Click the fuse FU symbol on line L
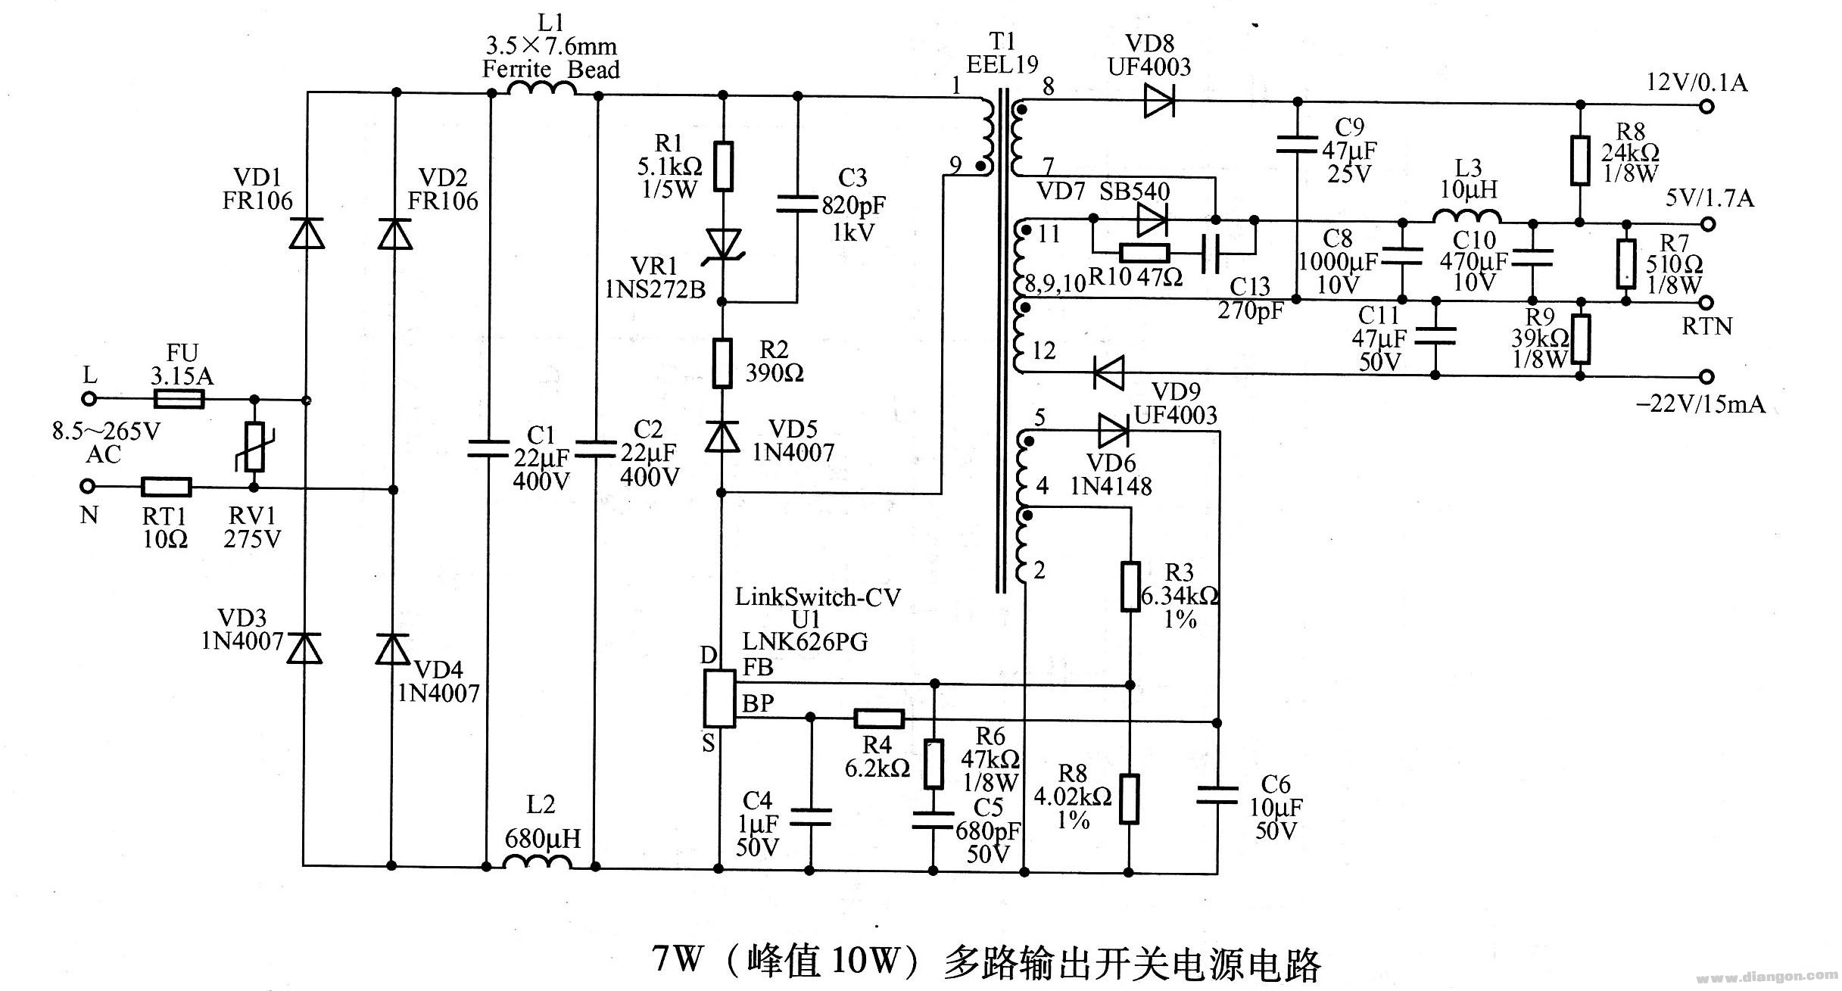pyautogui.click(x=179, y=399)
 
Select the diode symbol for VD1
pyautogui.click(x=307, y=232)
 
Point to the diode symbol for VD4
pyautogui.click(x=393, y=649)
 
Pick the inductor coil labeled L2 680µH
pyautogui.click(x=537, y=862)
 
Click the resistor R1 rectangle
pyautogui.click(x=724, y=165)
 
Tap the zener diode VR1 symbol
pyautogui.click(x=723, y=246)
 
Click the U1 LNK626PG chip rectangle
pyautogui.click(x=719, y=698)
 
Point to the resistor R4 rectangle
pyautogui.click(x=879, y=718)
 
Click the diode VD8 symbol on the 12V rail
pyautogui.click(x=1158, y=101)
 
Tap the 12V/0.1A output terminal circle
pyautogui.click(x=1706, y=106)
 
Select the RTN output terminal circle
pyautogui.click(x=1706, y=303)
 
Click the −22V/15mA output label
pyautogui.click(x=1700, y=404)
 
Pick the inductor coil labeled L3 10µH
pyautogui.click(x=1466, y=217)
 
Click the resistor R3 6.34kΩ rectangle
pyautogui.click(x=1130, y=586)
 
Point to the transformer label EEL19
pyautogui.click(x=1002, y=65)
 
